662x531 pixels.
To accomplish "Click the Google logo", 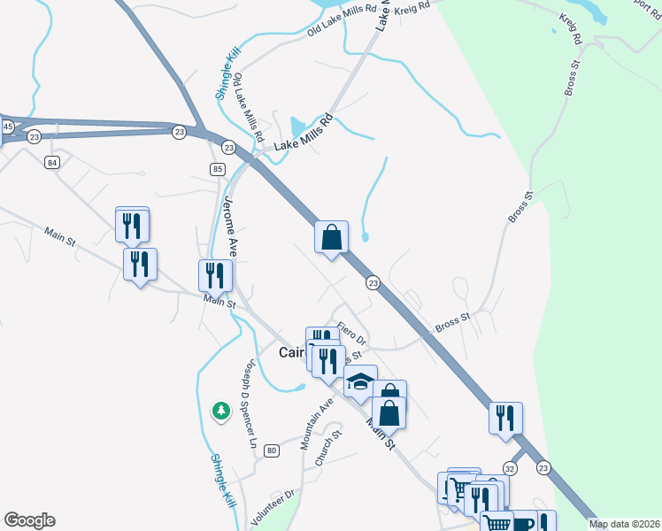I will pos(29,520).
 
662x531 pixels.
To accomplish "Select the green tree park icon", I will pos(220,411).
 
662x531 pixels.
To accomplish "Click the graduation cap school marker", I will pos(360,381).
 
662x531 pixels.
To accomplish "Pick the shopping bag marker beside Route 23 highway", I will pos(331,238).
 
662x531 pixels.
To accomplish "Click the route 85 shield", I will pos(218,168).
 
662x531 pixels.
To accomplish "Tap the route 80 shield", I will pos(271,450).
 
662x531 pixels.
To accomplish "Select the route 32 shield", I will pos(510,467).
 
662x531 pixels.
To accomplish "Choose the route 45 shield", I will pos(7,127).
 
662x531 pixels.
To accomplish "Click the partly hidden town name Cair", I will pos(292,352).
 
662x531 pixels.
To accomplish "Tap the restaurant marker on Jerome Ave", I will pos(213,276).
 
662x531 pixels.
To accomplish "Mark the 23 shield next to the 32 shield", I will pos(543,467).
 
